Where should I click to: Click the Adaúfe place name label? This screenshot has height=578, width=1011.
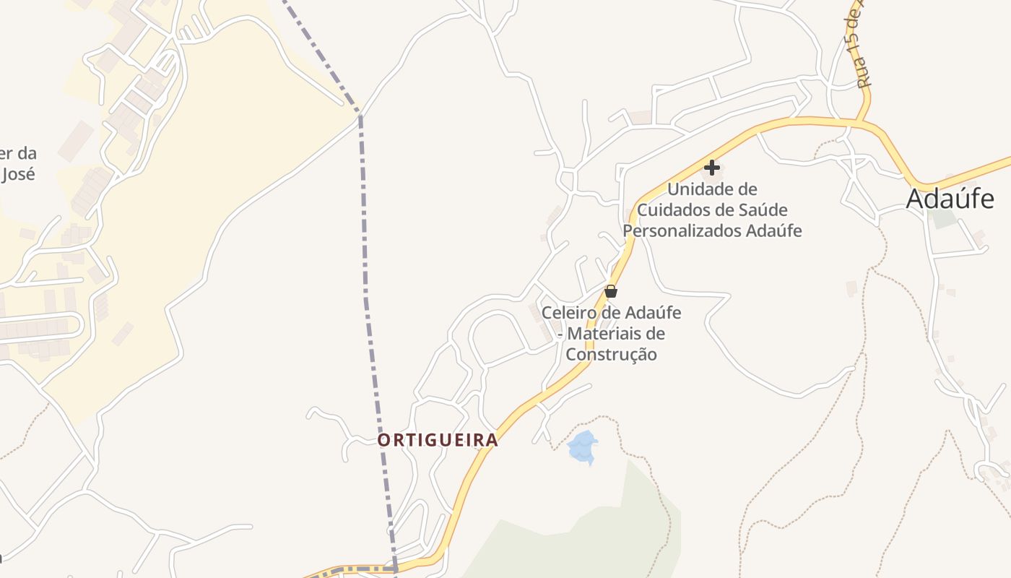click(x=950, y=199)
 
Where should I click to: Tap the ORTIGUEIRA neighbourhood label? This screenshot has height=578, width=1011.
click(x=438, y=440)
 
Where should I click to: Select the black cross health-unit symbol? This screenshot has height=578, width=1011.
click(x=711, y=168)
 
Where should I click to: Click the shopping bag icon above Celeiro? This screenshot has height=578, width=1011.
click(x=611, y=291)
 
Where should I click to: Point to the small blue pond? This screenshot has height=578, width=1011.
click(x=583, y=447)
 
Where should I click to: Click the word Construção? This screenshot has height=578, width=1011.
click(x=611, y=355)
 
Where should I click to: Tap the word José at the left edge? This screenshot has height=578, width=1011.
click(x=17, y=174)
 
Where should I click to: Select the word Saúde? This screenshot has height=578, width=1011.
click(x=763, y=210)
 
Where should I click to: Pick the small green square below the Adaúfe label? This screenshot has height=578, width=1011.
click(x=943, y=218)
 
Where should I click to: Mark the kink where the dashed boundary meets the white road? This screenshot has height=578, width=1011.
click(x=360, y=114)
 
